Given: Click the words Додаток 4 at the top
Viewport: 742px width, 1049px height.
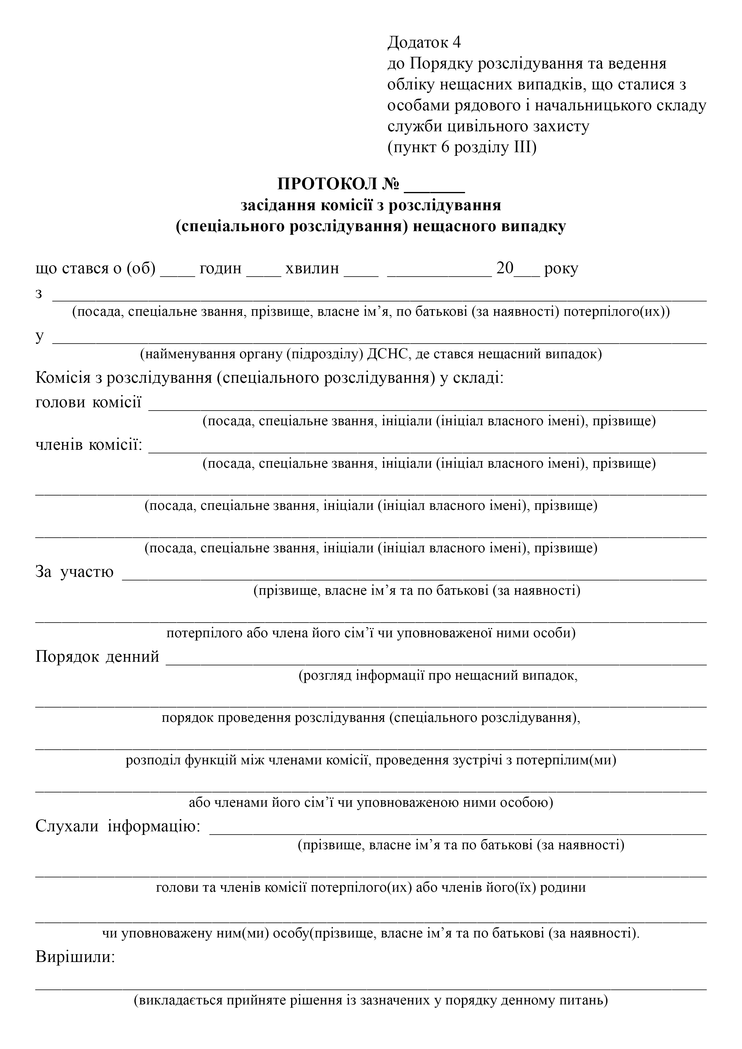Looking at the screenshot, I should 424,42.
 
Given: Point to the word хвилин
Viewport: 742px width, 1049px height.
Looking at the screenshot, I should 312,268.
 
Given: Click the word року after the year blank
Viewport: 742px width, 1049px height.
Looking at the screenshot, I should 561,268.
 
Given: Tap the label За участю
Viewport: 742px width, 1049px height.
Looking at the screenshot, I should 74,571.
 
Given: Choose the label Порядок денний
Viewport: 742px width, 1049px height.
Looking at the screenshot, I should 97,657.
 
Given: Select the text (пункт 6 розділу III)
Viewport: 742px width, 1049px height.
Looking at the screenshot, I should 462,148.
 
